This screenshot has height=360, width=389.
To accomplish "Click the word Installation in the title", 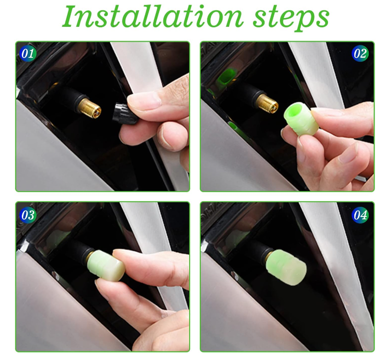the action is tap(152, 17).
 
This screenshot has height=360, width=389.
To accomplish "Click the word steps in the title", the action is tap(291, 19).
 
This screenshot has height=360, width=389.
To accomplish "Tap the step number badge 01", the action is tap(28, 54).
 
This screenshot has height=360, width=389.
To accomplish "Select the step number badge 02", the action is tap(360, 54).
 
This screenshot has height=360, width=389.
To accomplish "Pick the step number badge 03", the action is tap(28, 215).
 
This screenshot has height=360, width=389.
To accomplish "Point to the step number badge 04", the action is tap(360, 215).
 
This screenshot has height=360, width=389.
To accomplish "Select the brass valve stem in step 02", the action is tap(267, 101).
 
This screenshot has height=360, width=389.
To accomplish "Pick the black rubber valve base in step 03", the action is tap(80, 251).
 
